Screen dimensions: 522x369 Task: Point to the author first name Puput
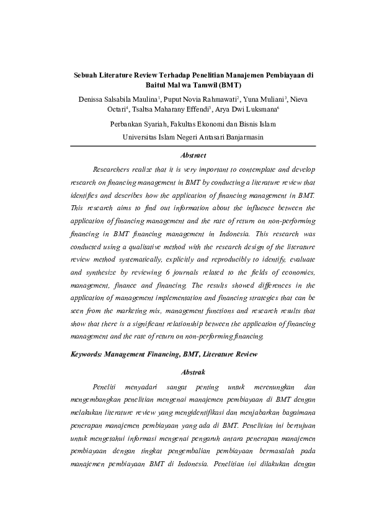[175, 99]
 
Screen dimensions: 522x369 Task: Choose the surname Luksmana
[261, 110]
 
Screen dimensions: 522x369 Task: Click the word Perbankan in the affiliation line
[127, 124]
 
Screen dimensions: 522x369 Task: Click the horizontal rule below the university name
[192, 146]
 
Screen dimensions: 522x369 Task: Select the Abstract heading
[192, 155]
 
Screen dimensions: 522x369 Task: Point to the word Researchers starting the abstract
[112, 169]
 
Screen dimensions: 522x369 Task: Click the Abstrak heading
[192, 373]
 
